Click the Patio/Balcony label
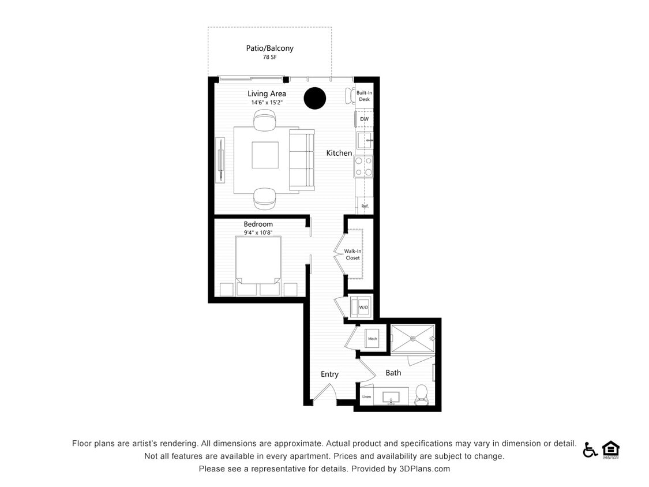click(x=269, y=48)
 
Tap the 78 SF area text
click(x=269, y=58)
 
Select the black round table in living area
click(x=315, y=98)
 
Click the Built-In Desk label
click(x=363, y=96)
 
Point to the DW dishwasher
click(x=364, y=119)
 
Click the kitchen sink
click(x=364, y=140)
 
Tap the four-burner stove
click(x=363, y=166)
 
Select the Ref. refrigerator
click(x=365, y=206)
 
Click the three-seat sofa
click(x=302, y=160)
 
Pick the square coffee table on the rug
click(x=265, y=155)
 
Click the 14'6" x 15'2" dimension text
click(x=267, y=103)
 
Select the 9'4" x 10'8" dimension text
click(x=258, y=233)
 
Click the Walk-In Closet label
click(x=352, y=254)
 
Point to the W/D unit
click(x=363, y=306)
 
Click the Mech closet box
click(x=373, y=338)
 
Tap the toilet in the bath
click(x=422, y=394)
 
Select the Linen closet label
click(x=366, y=397)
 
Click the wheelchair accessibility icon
click(x=590, y=449)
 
